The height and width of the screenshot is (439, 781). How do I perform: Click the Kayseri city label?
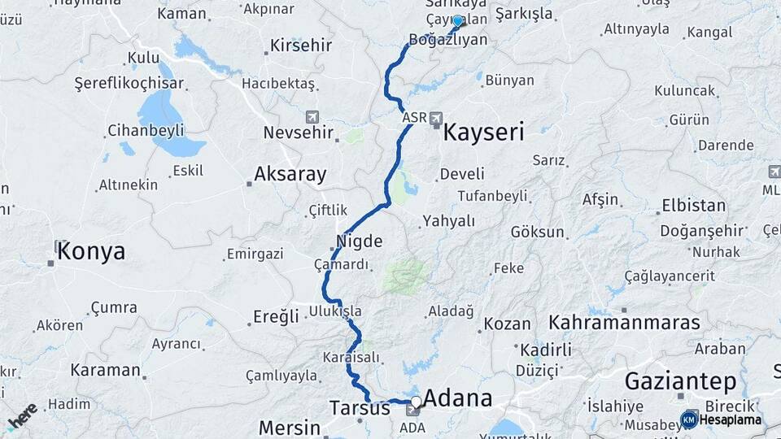[483, 133]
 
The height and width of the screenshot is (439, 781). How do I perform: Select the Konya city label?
[91, 251]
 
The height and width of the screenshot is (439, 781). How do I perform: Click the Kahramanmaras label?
[624, 322]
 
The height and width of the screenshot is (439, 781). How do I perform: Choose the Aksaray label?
[290, 173]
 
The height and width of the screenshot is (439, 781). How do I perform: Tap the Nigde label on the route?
[359, 241]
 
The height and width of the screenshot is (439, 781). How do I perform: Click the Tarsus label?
[360, 408]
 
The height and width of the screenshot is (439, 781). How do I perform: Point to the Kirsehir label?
[301, 45]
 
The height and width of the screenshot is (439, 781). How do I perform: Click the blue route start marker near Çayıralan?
[457, 22]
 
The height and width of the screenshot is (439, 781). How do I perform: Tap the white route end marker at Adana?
[417, 401]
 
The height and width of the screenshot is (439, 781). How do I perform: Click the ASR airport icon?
[437, 120]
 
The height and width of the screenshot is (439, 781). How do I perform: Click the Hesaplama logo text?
[731, 419]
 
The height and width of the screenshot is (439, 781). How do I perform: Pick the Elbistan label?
[693, 205]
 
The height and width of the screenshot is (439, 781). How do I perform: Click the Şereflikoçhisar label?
[118, 83]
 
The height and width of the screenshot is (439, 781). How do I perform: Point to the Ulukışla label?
[335, 311]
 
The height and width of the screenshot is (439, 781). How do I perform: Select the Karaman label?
[105, 370]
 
